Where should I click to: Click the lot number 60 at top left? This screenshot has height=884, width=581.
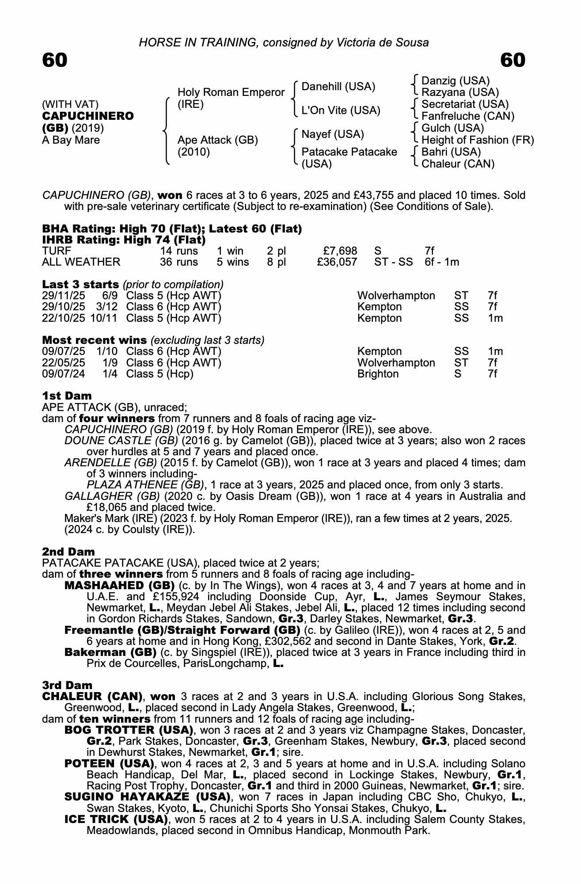click(x=55, y=61)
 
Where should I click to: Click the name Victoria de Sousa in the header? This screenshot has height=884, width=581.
click(x=383, y=42)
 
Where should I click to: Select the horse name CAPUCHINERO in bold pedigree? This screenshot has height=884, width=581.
click(x=88, y=116)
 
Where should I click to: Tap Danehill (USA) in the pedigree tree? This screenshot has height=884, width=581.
click(x=338, y=87)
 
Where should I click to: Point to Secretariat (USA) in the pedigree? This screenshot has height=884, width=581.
click(x=465, y=104)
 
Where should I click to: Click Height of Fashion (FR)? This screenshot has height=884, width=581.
click(x=478, y=140)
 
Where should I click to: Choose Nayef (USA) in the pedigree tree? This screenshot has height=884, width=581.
click(x=333, y=134)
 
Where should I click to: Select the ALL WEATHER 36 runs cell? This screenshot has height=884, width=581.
click(x=179, y=262)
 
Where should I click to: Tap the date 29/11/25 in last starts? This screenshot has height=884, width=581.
click(x=64, y=296)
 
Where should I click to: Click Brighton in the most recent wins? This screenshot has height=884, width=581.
click(x=378, y=374)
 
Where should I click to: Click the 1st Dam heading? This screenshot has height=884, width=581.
click(x=67, y=396)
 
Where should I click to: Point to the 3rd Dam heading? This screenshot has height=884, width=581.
click(x=67, y=685)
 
